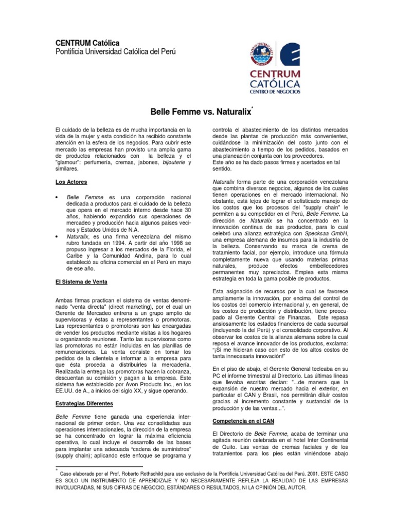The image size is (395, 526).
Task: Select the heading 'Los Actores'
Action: (x=70, y=182)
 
